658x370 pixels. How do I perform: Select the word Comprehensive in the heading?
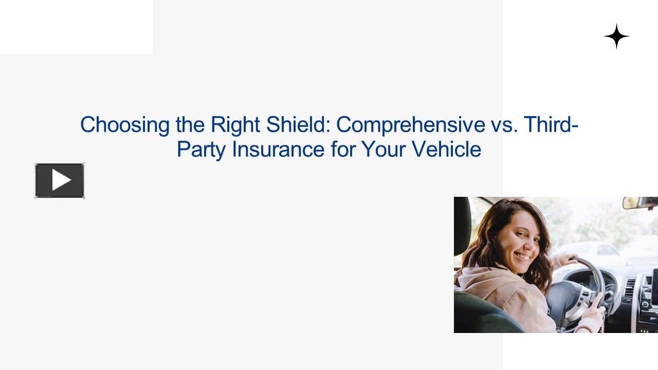click(409, 125)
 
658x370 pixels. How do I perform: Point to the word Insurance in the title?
click(278, 150)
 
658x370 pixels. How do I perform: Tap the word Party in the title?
click(200, 150)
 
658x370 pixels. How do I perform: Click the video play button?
click(60, 180)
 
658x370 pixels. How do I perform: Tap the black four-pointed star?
click(616, 36)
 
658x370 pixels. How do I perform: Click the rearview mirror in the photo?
click(639, 203)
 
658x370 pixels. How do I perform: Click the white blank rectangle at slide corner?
click(76, 27)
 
